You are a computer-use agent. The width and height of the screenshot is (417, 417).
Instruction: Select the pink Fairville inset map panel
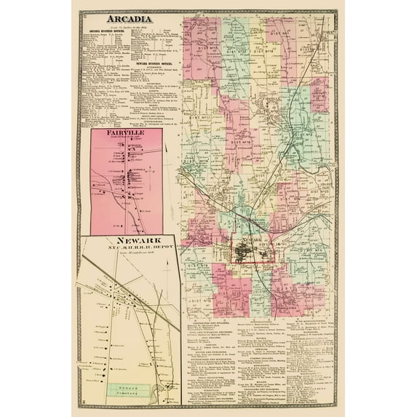pos(131,182)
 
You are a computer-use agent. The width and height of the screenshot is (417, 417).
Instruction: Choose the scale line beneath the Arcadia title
pos(128,27)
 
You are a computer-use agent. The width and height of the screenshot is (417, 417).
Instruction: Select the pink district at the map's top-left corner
pos(195,36)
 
